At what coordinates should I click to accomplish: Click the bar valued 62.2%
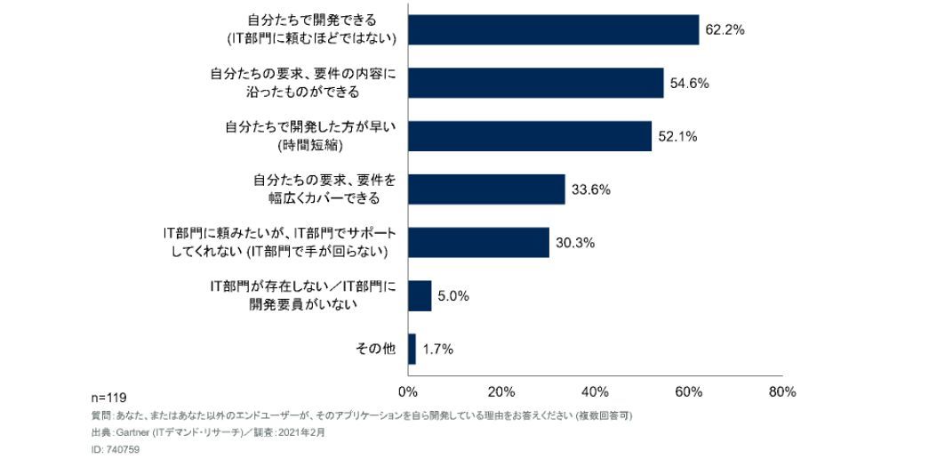tap(553, 29)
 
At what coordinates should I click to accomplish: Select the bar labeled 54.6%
tap(535, 83)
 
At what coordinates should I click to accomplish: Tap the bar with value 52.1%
tap(529, 136)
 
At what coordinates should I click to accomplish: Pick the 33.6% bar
tap(486, 189)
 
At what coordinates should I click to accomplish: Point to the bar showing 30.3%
tap(478, 242)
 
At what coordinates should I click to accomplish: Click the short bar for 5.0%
tap(420, 295)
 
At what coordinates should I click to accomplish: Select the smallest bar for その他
tap(412, 349)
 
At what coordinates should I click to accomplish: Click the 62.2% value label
tap(725, 29)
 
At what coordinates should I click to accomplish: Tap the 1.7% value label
tap(437, 350)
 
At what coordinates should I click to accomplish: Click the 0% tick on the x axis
tap(408, 391)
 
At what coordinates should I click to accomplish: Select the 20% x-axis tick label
tap(501, 391)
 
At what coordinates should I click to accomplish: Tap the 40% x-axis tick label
tap(595, 391)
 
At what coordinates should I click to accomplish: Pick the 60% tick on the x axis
tap(689, 391)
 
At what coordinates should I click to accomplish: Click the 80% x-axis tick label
tap(782, 391)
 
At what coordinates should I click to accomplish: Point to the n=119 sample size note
tap(109, 398)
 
